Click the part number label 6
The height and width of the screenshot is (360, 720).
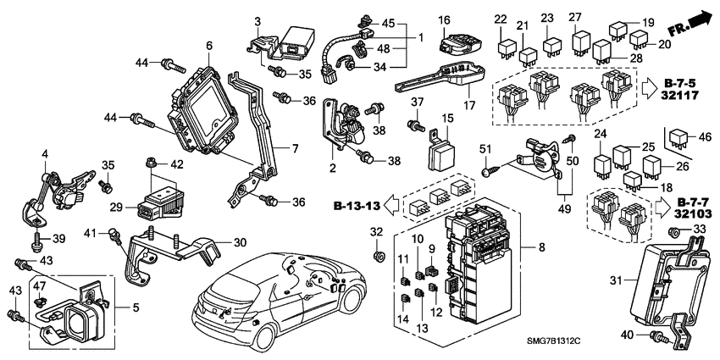pos(209,44)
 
